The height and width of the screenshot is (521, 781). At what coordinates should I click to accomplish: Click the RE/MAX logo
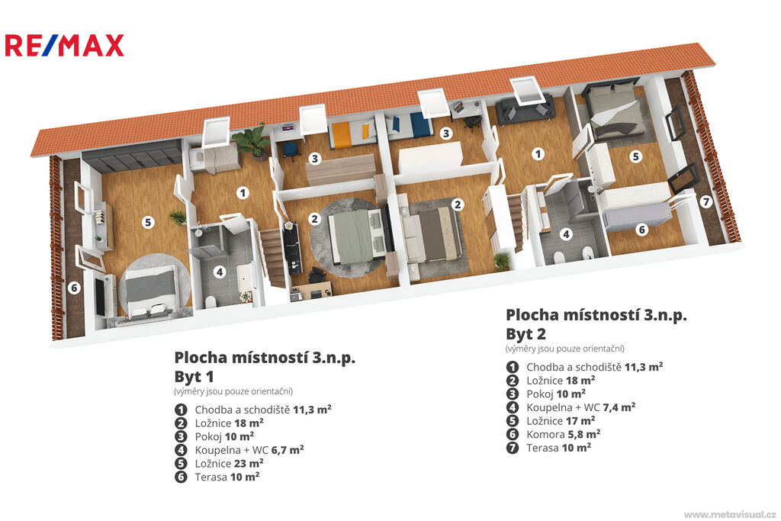(64, 45)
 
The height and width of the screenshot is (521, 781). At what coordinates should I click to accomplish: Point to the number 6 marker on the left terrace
(74, 288)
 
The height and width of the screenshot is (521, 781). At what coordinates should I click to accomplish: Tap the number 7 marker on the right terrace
(705, 201)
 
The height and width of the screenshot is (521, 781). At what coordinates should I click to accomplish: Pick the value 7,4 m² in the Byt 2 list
(619, 407)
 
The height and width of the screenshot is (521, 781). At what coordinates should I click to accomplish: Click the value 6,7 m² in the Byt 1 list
(288, 450)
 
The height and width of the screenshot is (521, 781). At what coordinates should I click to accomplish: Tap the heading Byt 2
(526, 333)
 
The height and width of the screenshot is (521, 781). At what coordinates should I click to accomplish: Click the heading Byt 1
(194, 377)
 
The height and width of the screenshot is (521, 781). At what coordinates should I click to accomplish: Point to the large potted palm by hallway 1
(252, 141)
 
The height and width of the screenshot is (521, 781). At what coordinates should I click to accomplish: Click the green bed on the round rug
(355, 235)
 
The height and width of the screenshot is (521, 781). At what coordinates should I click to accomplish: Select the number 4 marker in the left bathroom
(219, 272)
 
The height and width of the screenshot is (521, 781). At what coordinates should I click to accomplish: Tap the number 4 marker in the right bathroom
(565, 234)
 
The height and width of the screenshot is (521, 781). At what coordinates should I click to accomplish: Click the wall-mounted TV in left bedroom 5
(100, 297)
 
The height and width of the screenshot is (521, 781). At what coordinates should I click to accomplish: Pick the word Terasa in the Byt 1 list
(211, 477)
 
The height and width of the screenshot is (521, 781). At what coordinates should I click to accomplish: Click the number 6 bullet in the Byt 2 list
(512, 434)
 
